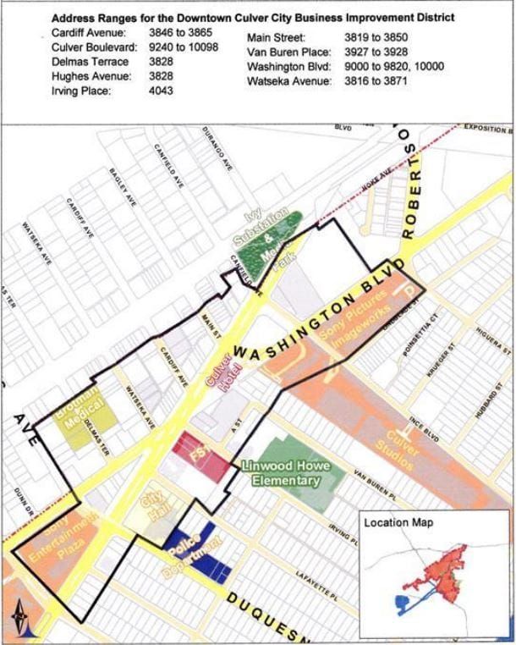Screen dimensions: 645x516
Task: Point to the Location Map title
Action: coord(398,522)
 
